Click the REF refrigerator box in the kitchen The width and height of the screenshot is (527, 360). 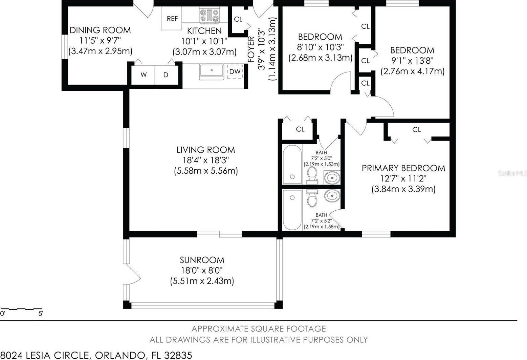[x=172, y=18]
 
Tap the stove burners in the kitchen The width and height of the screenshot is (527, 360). [x=209, y=16]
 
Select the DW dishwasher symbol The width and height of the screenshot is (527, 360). [x=235, y=71]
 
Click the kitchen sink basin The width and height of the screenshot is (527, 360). [x=212, y=71]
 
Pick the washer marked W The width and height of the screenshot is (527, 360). [x=144, y=75]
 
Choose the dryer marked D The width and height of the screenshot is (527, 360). [x=166, y=75]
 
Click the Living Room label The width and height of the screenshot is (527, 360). [x=205, y=150]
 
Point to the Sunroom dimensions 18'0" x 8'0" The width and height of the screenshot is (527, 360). [x=202, y=270]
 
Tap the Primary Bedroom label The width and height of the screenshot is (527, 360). [x=403, y=168]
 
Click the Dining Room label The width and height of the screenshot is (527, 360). [x=100, y=30]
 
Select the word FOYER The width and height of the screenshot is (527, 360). [x=251, y=49]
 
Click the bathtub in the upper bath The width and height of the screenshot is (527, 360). [x=292, y=165]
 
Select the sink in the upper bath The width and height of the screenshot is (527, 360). [x=331, y=177]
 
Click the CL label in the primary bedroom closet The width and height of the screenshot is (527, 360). [x=417, y=130]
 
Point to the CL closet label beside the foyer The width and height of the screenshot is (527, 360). [x=238, y=19]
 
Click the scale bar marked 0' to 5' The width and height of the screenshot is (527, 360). [x=21, y=310]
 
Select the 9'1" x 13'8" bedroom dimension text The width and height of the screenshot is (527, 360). [x=412, y=61]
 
